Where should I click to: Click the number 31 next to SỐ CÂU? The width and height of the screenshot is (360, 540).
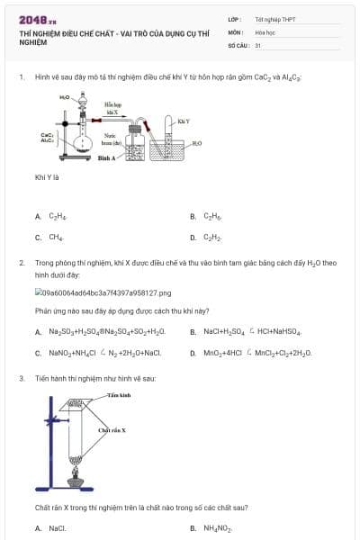[x=258, y=43]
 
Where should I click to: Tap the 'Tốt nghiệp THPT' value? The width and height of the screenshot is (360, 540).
[x=274, y=19]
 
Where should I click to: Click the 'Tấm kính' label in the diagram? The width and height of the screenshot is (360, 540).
[x=119, y=395]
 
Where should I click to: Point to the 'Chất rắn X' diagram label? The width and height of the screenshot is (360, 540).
[x=112, y=431]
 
